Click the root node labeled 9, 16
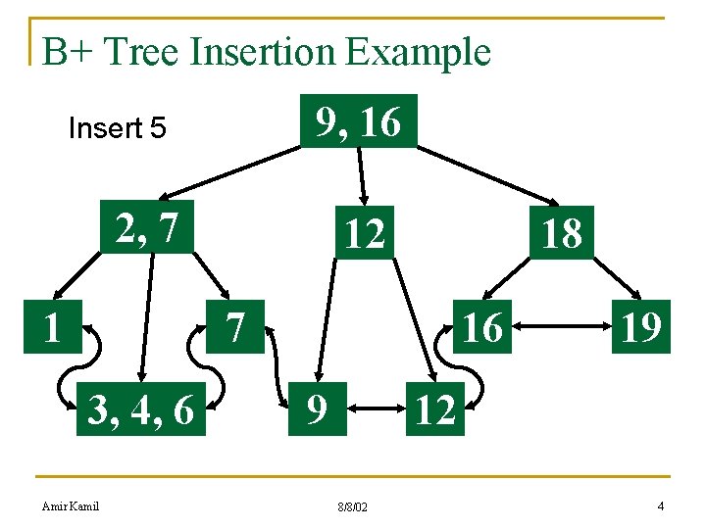point(358,121)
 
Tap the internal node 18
point(561,233)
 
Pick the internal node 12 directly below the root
point(363,233)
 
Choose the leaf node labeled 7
point(234,326)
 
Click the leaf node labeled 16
point(480,327)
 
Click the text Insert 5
point(117,128)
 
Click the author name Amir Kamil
point(71,505)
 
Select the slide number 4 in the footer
point(661,505)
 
